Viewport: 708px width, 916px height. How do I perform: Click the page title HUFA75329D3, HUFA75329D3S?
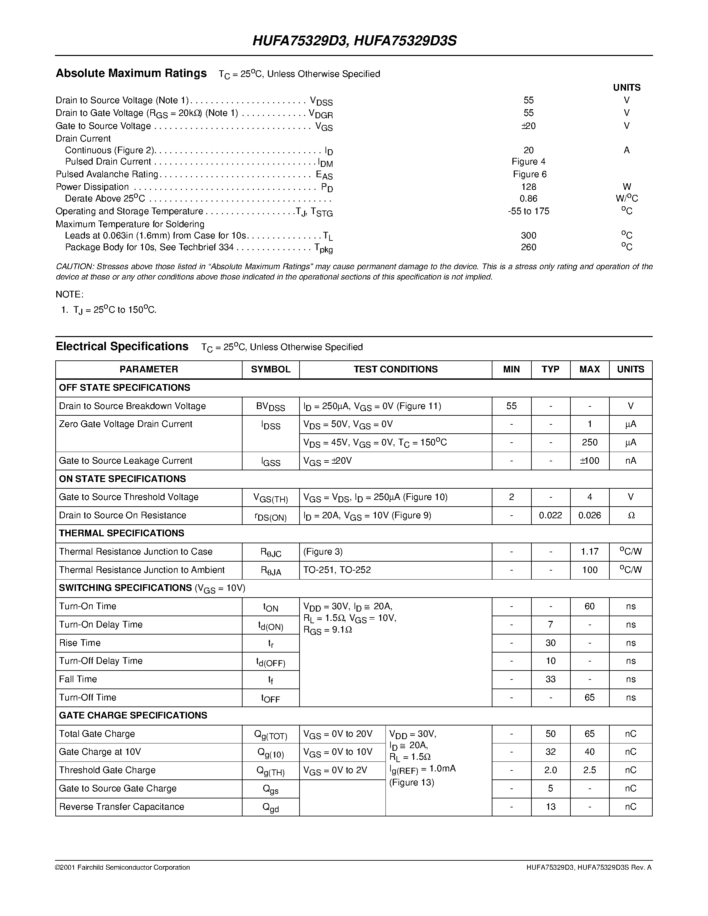(x=354, y=41)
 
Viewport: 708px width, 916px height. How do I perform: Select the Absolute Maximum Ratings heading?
(x=131, y=73)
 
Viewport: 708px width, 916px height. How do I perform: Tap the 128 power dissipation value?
(x=528, y=187)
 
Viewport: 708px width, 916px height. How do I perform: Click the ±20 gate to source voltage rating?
(x=528, y=126)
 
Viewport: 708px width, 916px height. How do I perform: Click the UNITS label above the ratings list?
(x=627, y=88)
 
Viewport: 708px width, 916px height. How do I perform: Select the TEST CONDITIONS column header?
(x=395, y=369)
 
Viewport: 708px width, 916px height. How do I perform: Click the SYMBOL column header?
(x=271, y=369)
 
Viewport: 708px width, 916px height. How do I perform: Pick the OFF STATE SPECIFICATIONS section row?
(x=125, y=387)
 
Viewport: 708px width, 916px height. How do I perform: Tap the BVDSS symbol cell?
(x=271, y=406)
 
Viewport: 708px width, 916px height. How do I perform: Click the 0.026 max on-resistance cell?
(x=589, y=515)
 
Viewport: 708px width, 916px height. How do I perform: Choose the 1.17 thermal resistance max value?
(x=589, y=552)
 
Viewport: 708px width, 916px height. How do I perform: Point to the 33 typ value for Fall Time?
(x=550, y=679)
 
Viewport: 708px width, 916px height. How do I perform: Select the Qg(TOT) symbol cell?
(x=271, y=734)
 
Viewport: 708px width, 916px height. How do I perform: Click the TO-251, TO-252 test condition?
(x=337, y=570)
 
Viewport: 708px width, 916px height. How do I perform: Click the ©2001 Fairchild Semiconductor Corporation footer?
(x=123, y=867)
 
